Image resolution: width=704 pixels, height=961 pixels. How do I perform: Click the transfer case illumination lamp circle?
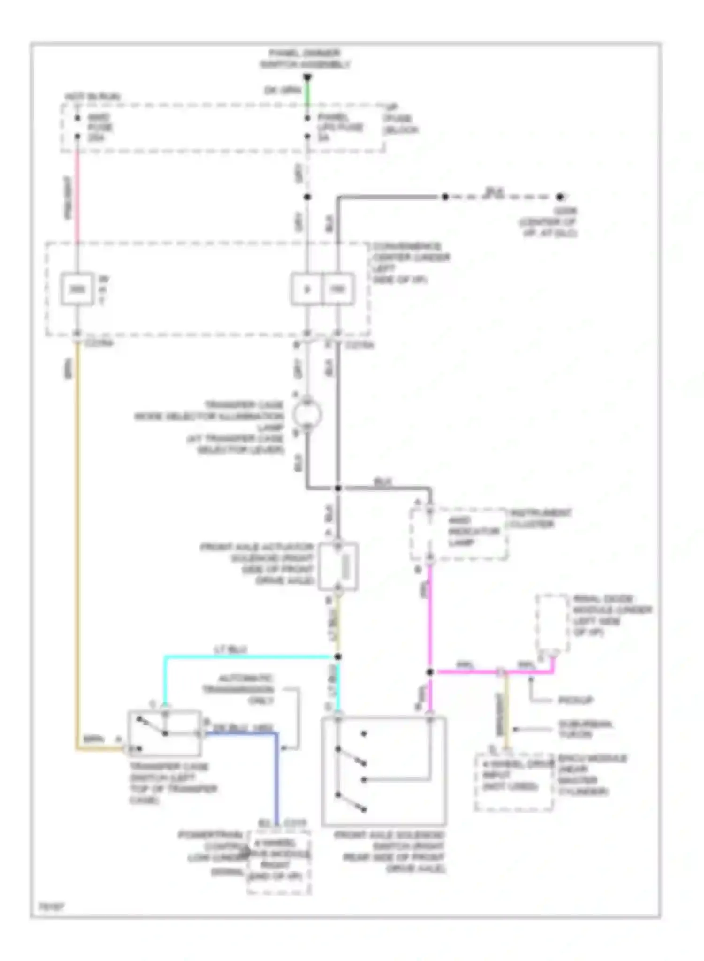(307, 415)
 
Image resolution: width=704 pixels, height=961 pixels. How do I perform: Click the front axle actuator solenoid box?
(338, 567)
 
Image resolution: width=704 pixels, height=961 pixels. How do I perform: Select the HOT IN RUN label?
(92, 97)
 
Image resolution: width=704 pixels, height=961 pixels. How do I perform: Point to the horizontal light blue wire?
(249, 657)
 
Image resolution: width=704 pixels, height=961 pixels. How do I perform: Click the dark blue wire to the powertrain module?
(276, 774)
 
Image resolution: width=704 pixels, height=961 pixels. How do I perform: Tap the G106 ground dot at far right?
(559, 197)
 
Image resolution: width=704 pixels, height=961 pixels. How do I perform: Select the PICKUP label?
(575, 701)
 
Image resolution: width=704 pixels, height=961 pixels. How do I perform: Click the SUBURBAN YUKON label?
(585, 729)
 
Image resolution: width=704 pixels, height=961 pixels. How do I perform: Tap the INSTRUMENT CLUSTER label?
(541, 518)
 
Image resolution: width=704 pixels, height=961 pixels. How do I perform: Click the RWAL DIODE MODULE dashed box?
(552, 622)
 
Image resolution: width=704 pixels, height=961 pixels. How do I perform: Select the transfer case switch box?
(164, 733)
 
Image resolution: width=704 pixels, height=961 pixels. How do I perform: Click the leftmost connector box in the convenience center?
(77, 289)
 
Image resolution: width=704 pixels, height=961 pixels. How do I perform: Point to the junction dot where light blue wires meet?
(337, 656)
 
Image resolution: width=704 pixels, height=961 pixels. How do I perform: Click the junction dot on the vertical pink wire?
(430, 672)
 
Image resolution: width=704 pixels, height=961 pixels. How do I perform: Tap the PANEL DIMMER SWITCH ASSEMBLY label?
(306, 59)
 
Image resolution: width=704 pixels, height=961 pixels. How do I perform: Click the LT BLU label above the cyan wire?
(230, 649)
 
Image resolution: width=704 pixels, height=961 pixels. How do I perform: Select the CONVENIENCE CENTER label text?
(411, 263)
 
